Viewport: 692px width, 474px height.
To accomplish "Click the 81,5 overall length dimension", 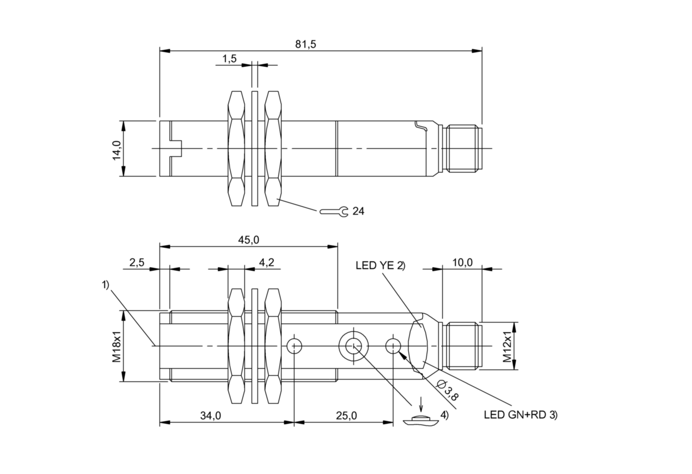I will [305, 44].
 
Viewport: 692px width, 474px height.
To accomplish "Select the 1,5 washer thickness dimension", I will [229, 59].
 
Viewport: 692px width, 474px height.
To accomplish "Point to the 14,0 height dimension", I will [116, 149].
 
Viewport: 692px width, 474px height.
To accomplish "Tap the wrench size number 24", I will [358, 211].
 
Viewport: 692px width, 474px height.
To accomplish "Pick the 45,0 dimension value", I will [248, 240].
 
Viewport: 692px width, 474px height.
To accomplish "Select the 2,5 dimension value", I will [137, 263].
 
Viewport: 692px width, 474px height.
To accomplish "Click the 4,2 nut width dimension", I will [266, 263].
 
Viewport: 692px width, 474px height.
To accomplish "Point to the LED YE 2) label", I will [380, 266].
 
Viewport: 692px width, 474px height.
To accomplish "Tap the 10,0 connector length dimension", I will [462, 263].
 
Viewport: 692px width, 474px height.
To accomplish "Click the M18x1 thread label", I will [116, 346].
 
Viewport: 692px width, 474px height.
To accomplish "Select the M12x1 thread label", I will [507, 346].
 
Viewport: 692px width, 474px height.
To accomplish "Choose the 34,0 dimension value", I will [210, 415].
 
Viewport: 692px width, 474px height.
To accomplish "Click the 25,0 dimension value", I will [347, 415].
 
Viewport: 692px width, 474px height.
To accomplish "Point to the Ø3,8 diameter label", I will [447, 389].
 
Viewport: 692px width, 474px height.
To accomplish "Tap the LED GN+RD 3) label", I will [521, 415].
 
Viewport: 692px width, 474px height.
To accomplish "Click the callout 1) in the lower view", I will [105, 285].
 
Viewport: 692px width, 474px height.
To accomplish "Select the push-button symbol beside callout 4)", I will [421, 420].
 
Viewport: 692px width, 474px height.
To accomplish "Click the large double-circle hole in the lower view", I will [353, 346].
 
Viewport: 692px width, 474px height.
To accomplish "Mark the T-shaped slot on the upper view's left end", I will [175, 149].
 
